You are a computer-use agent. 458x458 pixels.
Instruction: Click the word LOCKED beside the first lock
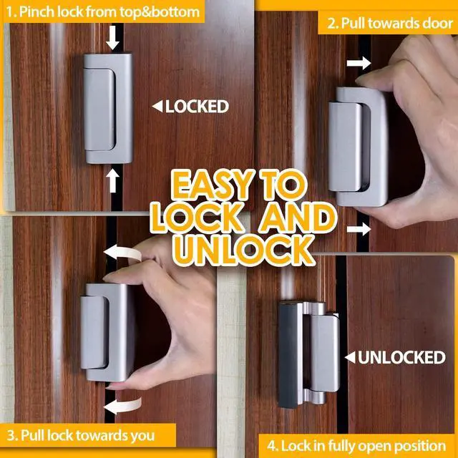[x=197, y=107]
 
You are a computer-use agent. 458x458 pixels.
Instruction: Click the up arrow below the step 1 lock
[x=112, y=180]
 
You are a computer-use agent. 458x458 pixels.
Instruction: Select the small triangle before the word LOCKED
[x=157, y=107]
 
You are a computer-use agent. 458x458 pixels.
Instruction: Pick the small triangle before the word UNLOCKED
[x=349, y=357]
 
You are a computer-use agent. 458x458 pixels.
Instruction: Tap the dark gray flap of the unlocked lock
[x=287, y=354]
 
